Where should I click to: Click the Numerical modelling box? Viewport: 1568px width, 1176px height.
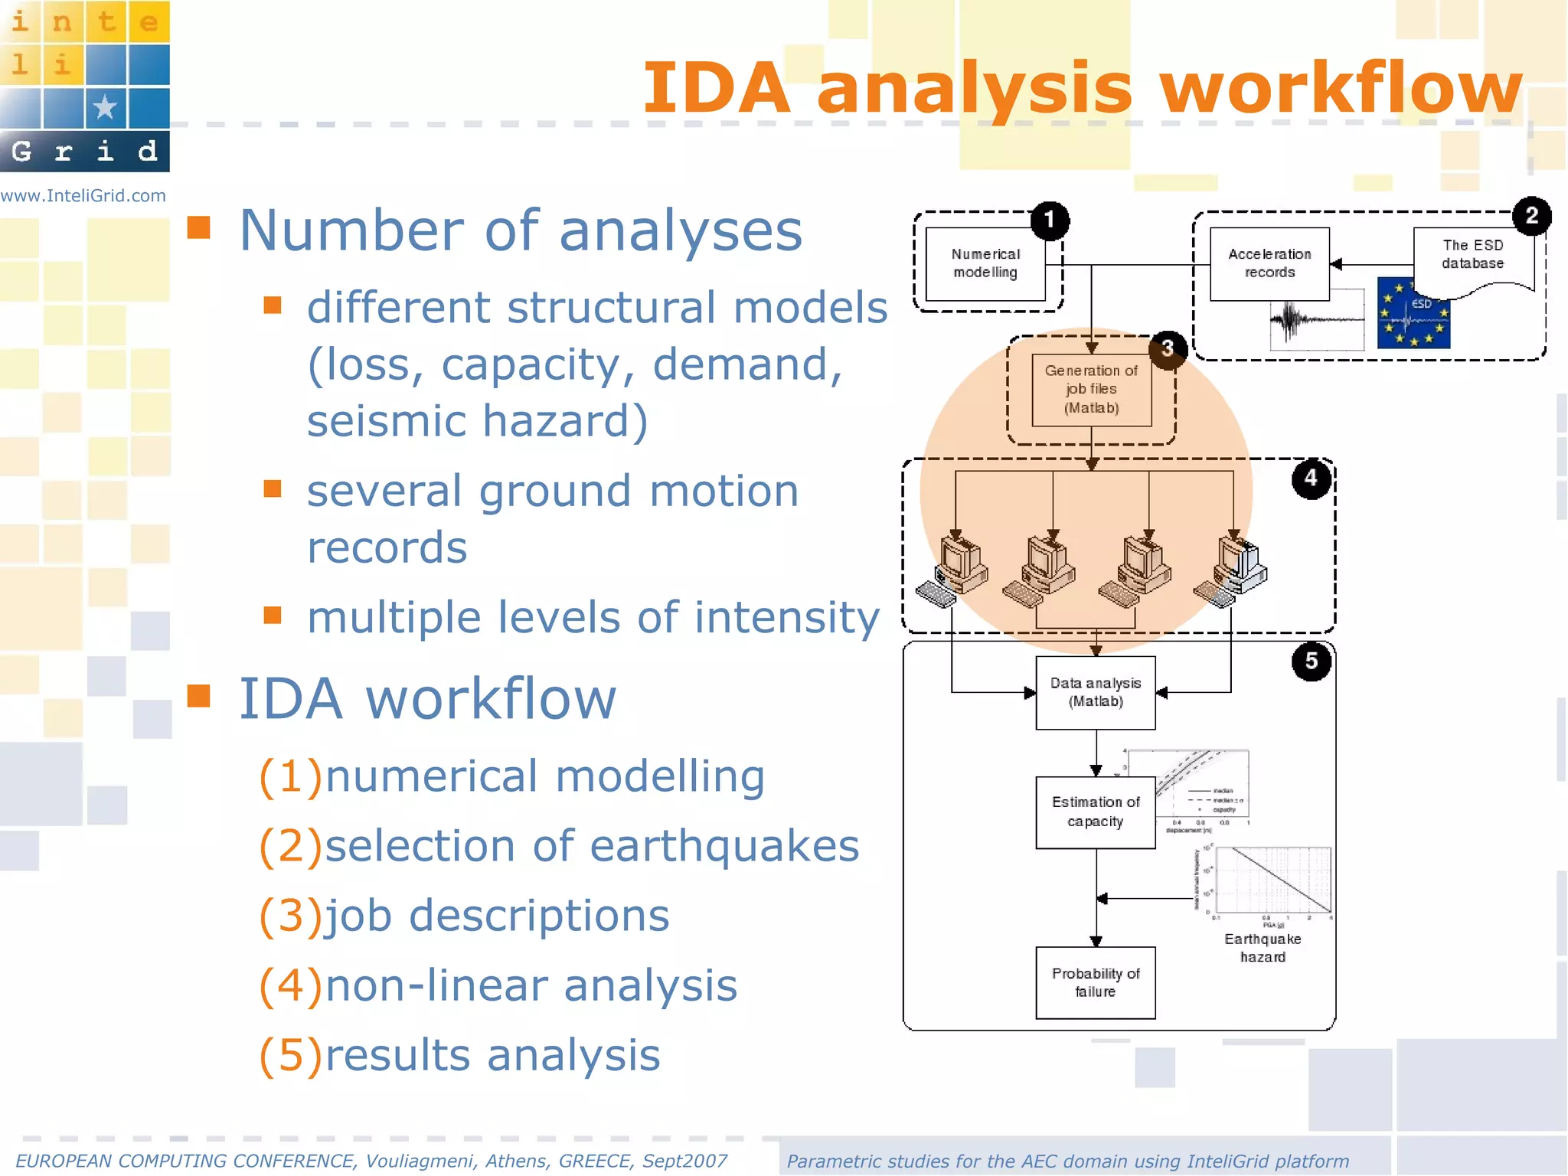[985, 263]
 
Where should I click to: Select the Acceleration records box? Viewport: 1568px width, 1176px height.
[1269, 263]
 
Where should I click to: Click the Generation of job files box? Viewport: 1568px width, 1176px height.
[1091, 389]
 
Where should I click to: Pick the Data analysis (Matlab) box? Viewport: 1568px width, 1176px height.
[1095, 692]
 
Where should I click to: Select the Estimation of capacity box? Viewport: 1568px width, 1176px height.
[1095, 812]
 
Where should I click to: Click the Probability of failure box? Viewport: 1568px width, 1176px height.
[1095, 982]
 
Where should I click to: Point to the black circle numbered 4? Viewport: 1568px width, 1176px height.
[1311, 479]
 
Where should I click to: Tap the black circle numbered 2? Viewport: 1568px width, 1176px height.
[1531, 216]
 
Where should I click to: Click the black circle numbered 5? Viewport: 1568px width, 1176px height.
[1311, 661]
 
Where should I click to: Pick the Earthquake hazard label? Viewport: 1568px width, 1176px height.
[1263, 948]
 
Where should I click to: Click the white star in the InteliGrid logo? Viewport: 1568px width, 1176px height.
[105, 107]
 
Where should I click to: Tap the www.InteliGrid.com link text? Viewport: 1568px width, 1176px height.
[83, 196]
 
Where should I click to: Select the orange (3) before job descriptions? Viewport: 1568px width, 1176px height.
[290, 916]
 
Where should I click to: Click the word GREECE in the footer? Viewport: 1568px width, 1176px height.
[596, 1161]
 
